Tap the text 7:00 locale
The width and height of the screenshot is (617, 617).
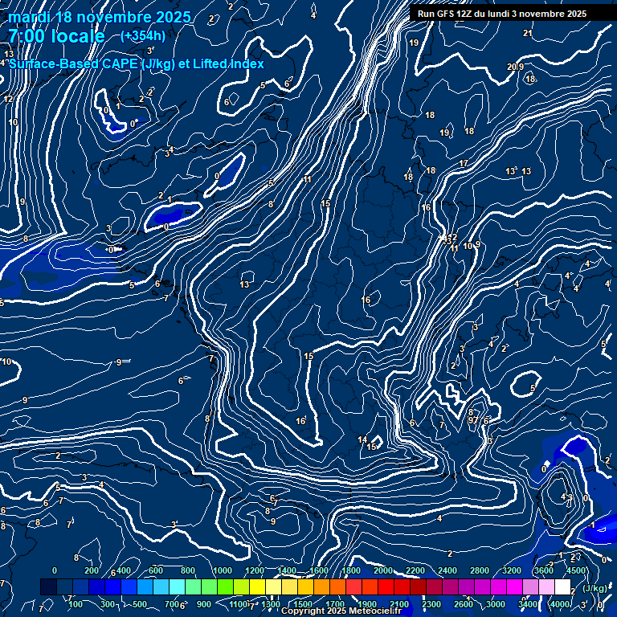pyautogui.click(x=56, y=36)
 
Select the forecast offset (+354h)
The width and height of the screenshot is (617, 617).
pyautogui.click(x=142, y=35)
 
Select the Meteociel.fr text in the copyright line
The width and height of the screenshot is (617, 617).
pyautogui.click(x=378, y=611)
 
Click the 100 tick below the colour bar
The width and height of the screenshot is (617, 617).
pyautogui.click(x=76, y=604)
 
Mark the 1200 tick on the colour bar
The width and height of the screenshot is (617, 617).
pyautogui.click(x=254, y=570)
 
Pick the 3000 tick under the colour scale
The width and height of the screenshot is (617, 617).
pyautogui.click(x=496, y=604)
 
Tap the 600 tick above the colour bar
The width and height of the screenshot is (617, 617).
pyautogui.click(x=156, y=570)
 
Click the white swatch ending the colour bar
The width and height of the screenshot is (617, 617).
pyautogui.click(x=562, y=587)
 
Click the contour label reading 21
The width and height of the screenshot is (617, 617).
pyautogui.click(x=528, y=33)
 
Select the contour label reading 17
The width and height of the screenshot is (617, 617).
pyautogui.click(x=464, y=163)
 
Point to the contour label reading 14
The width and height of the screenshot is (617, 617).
pyautogui.click(x=362, y=440)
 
